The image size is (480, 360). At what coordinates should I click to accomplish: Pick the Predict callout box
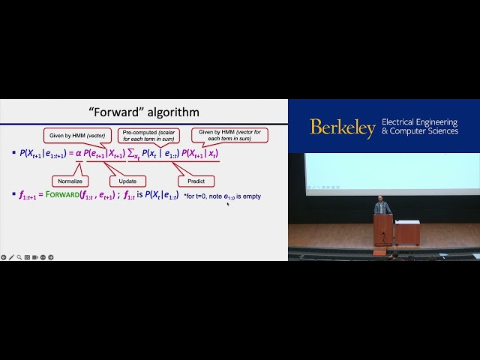196,181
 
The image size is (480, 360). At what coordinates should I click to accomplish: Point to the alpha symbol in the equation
79,154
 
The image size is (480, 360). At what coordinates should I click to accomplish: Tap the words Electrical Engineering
420,121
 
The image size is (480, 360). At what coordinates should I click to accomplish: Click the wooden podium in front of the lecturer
382,229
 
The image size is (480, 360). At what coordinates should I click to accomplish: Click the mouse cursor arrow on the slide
228,202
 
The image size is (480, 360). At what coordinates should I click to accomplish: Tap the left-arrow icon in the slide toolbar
3,257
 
